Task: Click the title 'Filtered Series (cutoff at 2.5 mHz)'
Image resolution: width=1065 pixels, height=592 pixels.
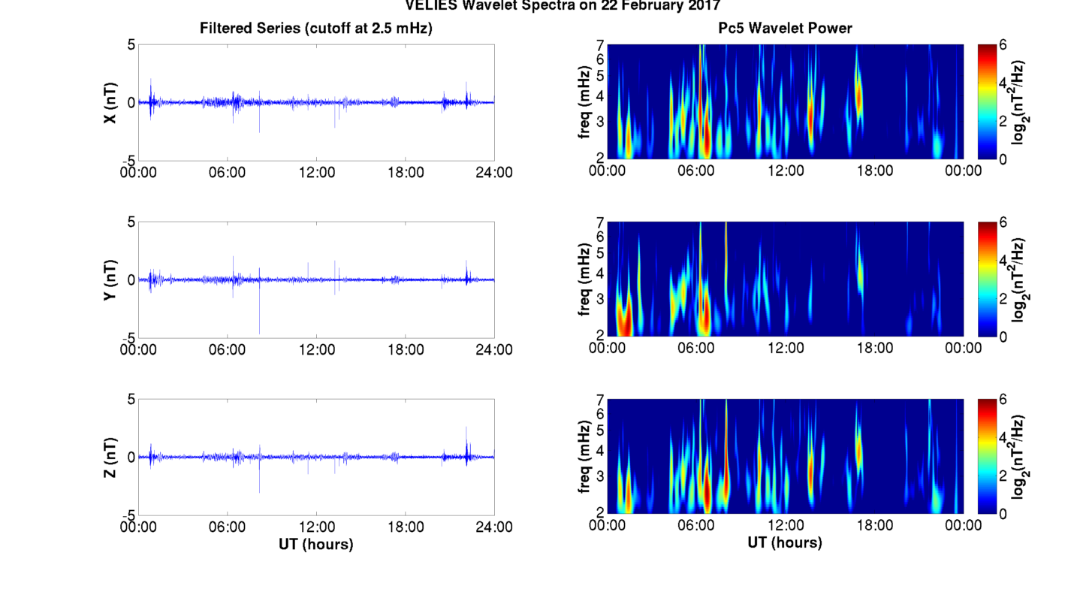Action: pos(316,29)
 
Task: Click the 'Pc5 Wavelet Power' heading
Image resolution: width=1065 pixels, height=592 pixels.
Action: pos(785,29)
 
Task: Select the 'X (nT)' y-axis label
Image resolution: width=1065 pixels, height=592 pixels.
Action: pos(110,103)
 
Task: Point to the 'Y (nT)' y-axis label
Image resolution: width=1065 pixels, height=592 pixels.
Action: pos(110,280)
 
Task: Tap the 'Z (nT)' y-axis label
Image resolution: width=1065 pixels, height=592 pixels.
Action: pos(110,458)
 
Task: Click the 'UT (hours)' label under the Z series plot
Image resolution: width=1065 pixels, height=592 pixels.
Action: pos(316,543)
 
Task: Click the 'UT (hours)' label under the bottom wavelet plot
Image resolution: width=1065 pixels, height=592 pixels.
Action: pos(785,542)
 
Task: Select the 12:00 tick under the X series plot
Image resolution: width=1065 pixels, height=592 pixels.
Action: pos(316,172)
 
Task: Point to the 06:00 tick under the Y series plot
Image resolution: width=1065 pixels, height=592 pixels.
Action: pos(228,349)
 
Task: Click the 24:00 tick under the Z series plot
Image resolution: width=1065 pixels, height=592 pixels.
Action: pos(494,527)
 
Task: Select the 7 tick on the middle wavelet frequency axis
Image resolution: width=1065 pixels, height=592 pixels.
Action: pos(601,222)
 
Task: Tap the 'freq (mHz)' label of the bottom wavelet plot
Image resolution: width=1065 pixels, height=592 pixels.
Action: pos(584,458)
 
